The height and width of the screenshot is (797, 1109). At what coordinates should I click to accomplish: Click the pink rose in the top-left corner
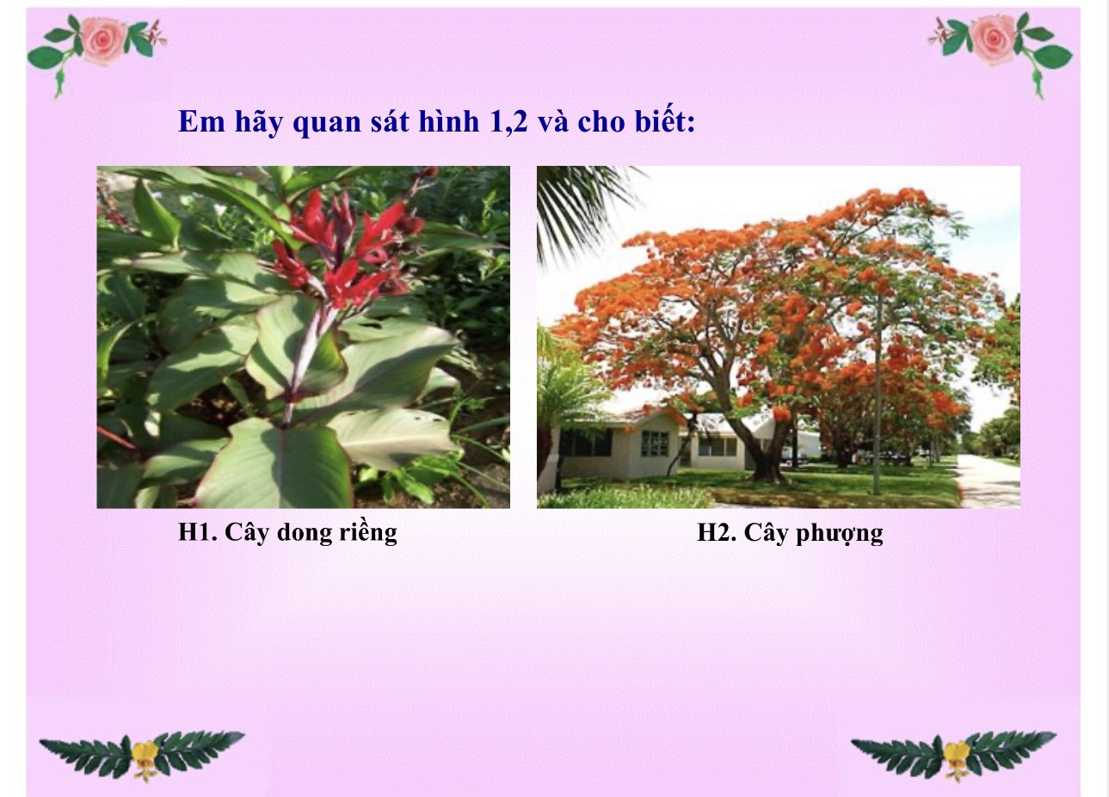(x=103, y=40)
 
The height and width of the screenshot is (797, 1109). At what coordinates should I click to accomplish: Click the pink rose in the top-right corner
(x=994, y=40)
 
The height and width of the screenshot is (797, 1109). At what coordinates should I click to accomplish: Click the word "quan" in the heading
(x=326, y=122)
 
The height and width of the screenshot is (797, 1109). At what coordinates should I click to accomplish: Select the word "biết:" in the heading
(x=665, y=120)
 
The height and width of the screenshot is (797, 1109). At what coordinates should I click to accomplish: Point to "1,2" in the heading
(x=508, y=121)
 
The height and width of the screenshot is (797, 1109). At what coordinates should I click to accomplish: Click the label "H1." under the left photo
(x=198, y=532)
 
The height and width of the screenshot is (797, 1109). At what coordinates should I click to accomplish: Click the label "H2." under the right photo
(x=717, y=533)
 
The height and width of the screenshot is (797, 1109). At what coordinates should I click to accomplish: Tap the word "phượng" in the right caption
(x=839, y=534)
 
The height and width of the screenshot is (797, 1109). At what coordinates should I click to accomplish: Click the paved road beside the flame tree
(x=988, y=481)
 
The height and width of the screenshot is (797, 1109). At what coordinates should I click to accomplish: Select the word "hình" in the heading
(x=449, y=120)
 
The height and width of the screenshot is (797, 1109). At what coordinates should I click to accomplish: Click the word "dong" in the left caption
(x=305, y=534)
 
